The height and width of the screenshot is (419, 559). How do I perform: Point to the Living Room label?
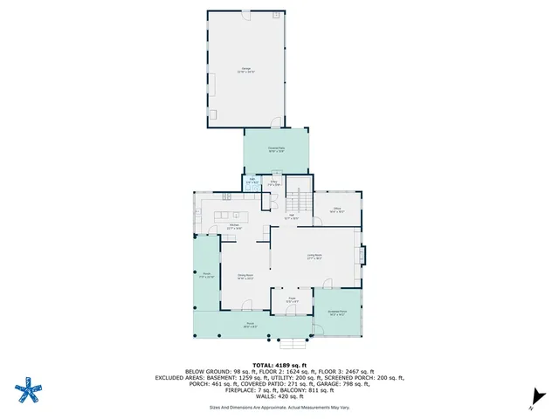pyautogui.click(x=314, y=257)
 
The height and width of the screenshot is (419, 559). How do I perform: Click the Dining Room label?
pyautogui.click(x=245, y=278)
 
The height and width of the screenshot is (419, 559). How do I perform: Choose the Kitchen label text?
pyautogui.click(x=234, y=226)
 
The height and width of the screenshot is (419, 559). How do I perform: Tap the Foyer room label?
pyautogui.click(x=292, y=300)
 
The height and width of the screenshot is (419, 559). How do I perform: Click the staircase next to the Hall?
pyautogui.click(x=300, y=199)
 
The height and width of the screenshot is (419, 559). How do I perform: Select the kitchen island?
pyautogui.click(x=229, y=214)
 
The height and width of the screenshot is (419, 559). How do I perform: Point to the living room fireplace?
pyautogui.click(x=361, y=255)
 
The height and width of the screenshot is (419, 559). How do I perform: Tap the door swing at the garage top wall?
pyautogui.click(x=277, y=16)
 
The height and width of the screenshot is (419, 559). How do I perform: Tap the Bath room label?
pyautogui.click(x=252, y=182)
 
